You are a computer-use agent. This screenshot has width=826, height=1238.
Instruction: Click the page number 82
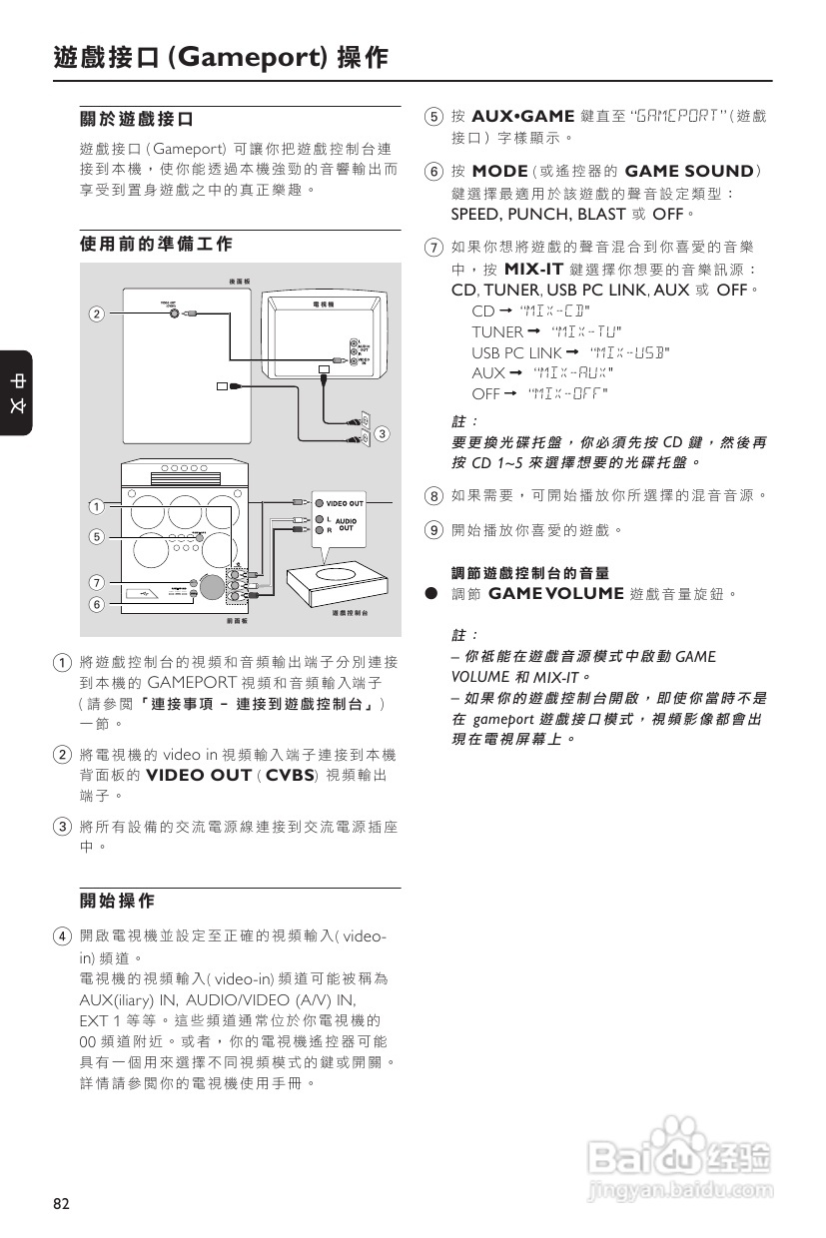coord(62,1203)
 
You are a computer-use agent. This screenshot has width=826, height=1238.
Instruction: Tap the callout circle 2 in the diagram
coord(96,314)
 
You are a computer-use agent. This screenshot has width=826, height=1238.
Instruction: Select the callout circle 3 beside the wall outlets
coord(382,433)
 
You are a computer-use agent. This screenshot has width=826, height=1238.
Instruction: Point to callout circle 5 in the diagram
coord(96,536)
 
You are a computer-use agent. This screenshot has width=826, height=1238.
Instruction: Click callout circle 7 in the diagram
coord(96,582)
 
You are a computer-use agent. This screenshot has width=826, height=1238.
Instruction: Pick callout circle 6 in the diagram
coord(96,604)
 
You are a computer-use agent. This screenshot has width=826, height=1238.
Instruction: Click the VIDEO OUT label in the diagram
coord(345,502)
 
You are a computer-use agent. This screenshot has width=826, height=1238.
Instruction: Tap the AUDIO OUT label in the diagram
coord(345,523)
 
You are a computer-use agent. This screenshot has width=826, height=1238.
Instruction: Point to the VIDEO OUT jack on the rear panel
coord(177,312)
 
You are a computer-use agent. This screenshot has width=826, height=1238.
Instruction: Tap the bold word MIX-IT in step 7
coord(534,270)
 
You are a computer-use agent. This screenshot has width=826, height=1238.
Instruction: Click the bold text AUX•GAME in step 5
coord(522,116)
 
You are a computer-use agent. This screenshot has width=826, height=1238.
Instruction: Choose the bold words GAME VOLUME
coord(556,594)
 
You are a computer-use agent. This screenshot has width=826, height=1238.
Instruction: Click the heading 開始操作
coord(117,901)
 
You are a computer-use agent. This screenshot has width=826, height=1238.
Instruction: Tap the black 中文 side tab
coord(17,392)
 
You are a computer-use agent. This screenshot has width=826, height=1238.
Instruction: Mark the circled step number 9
coord(432,529)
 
